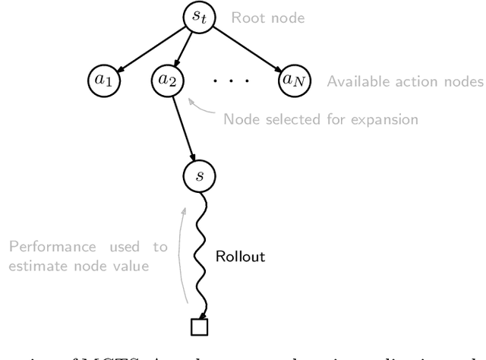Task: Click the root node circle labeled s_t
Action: coord(199,16)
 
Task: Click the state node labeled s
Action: coord(199,176)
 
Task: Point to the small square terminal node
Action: coord(199,327)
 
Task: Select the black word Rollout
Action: coord(242,257)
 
